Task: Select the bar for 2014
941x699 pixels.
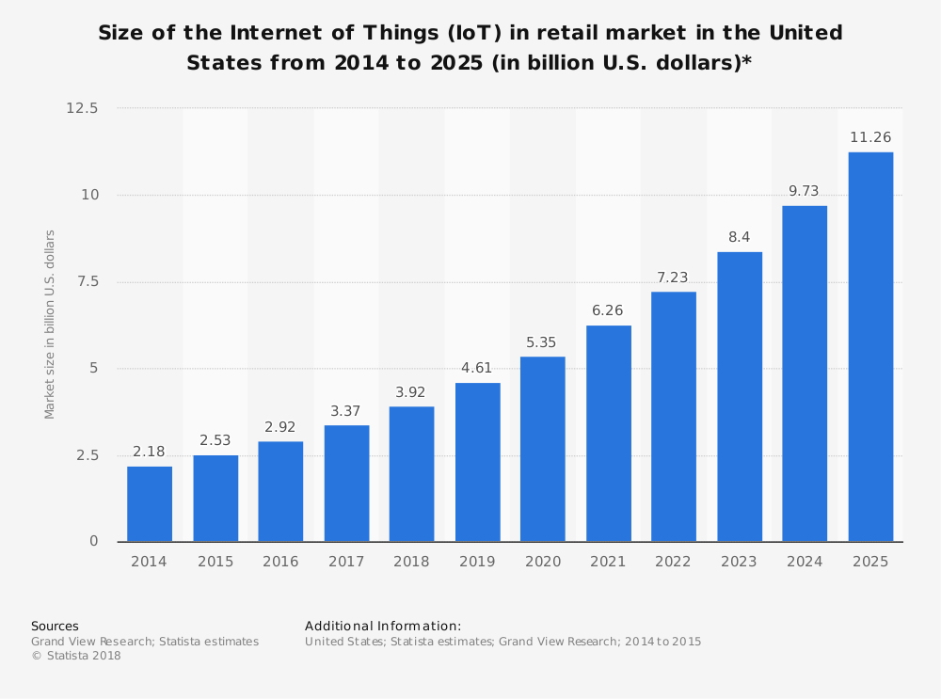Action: [x=150, y=503]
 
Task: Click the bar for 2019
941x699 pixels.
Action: [x=477, y=462]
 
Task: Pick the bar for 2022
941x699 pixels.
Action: [x=674, y=417]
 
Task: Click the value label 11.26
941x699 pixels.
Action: [x=870, y=137]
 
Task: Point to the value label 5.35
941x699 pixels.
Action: [x=543, y=342]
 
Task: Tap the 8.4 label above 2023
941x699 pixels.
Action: [x=740, y=237]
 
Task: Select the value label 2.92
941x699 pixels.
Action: [x=280, y=427]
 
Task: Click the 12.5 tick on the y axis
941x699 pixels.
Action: [x=82, y=108]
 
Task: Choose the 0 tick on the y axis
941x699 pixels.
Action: [x=94, y=542]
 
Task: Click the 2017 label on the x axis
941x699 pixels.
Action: [x=346, y=562]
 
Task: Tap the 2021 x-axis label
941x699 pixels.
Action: [x=608, y=562]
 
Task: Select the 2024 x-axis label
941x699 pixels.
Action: [x=805, y=562]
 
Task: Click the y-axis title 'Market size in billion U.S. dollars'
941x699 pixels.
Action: [x=51, y=325]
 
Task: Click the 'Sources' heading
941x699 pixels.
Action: [x=55, y=627]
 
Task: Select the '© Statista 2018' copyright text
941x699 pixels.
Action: [x=76, y=656]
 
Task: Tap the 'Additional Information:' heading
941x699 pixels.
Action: [x=383, y=627]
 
